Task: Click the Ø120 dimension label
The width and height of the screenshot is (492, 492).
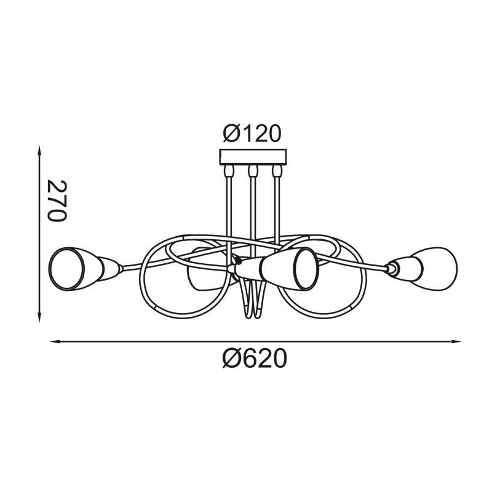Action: coord(252,133)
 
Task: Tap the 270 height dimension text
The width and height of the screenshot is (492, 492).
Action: coord(57,201)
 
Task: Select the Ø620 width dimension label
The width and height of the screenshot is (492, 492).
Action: coord(255,359)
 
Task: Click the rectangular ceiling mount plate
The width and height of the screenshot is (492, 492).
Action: coord(253,157)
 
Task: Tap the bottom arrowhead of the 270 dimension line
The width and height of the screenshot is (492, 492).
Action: coord(39,316)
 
